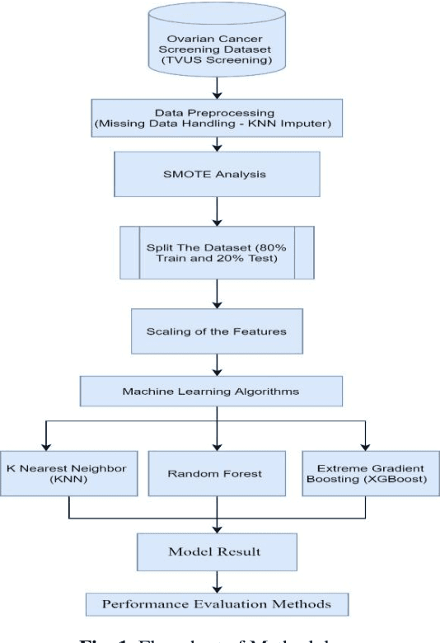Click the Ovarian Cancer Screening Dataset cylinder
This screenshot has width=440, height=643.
click(x=218, y=40)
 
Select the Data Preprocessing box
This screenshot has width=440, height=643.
click(x=218, y=118)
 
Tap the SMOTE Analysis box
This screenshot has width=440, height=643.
click(x=218, y=175)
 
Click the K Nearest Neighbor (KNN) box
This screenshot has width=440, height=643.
click(x=68, y=473)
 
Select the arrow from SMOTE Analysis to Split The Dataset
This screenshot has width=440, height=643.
click(x=218, y=213)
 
